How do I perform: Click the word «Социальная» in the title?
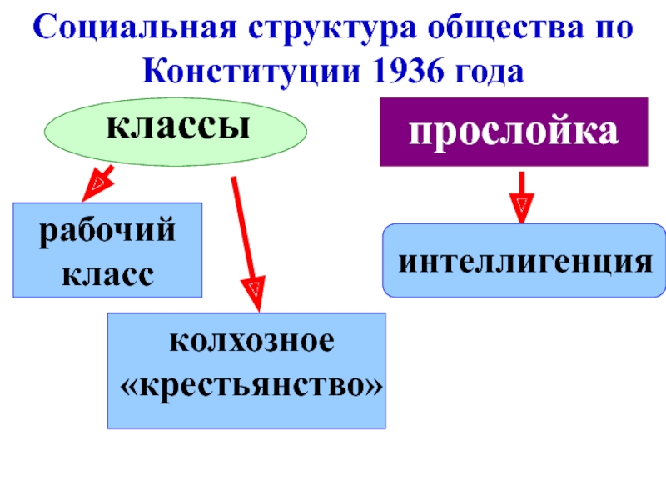(x=134, y=27)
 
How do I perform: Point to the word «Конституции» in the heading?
(x=251, y=72)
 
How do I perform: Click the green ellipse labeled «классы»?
(x=176, y=132)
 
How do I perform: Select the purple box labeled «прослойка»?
(x=514, y=132)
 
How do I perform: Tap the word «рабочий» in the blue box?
(x=107, y=232)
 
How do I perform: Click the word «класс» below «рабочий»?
(x=107, y=275)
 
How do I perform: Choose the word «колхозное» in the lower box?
(x=252, y=341)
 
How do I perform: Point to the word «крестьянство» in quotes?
(x=251, y=386)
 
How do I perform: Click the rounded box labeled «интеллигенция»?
(x=524, y=260)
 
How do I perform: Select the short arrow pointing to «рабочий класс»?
(x=97, y=183)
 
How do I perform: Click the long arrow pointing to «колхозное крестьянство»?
(x=246, y=244)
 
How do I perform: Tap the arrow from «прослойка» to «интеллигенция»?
(x=522, y=197)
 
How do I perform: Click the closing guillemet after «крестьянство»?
(x=373, y=386)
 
